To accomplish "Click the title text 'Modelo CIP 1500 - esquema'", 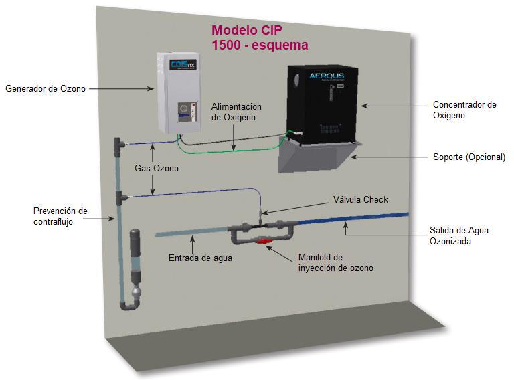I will (260, 38).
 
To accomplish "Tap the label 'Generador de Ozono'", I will (46, 88).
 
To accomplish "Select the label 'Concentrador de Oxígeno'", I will (464, 110).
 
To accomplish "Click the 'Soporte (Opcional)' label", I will (468, 157).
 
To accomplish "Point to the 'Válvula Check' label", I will (361, 199).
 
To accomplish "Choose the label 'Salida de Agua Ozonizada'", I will (458, 235).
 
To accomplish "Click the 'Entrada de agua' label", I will (200, 257).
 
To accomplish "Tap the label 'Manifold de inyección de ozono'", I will (335, 262).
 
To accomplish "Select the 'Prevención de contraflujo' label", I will (60, 217).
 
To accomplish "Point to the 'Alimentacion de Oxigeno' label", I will (236, 112).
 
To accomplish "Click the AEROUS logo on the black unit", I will (327, 76).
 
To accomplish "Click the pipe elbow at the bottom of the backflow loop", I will (128, 304).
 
